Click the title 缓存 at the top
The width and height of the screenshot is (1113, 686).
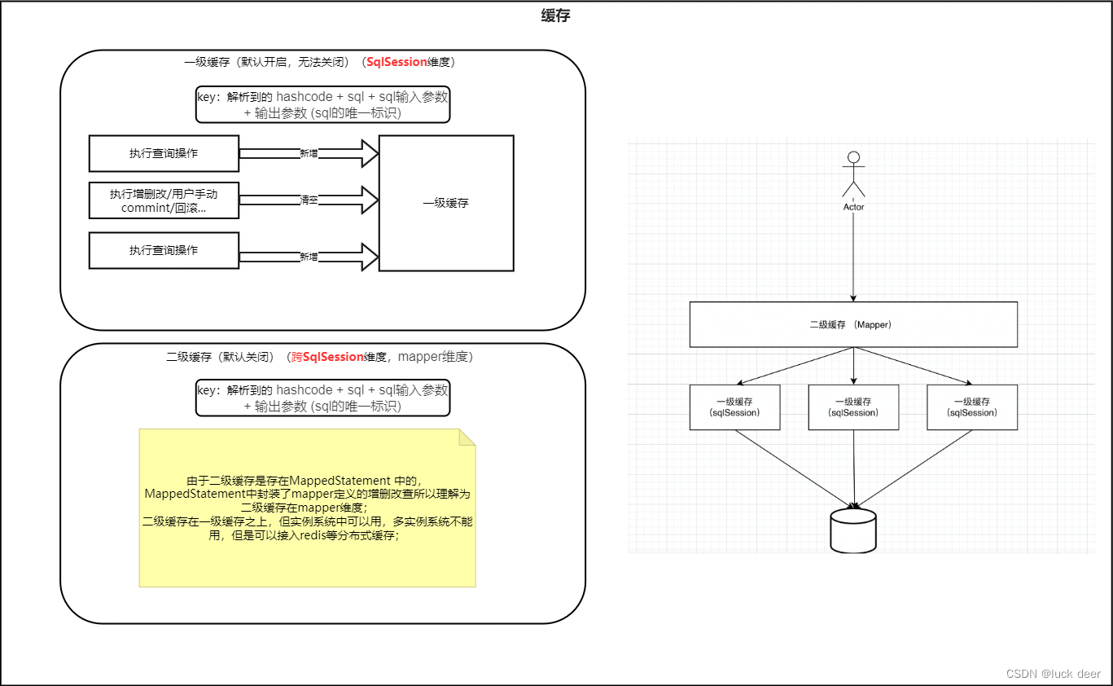pos(555,15)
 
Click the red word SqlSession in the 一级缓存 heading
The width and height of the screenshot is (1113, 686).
pos(397,62)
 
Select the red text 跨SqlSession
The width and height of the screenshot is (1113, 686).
pos(327,357)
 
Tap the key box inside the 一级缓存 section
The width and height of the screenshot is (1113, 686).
pos(322,105)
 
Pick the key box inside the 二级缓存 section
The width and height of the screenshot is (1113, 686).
pos(322,398)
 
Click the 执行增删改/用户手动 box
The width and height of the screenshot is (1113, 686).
pos(164,200)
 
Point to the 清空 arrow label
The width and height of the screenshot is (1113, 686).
pos(309,200)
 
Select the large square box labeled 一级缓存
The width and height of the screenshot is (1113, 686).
pos(446,203)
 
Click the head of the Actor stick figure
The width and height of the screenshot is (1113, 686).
pos(853,157)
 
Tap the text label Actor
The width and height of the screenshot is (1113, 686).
pos(853,207)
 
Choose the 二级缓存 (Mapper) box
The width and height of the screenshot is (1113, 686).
pos(853,324)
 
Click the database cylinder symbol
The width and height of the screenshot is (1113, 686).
pos(853,530)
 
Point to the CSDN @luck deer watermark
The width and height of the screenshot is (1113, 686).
pos(1053,674)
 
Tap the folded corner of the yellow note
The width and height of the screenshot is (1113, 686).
pos(467,438)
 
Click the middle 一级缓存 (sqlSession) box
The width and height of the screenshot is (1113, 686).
pos(853,407)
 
